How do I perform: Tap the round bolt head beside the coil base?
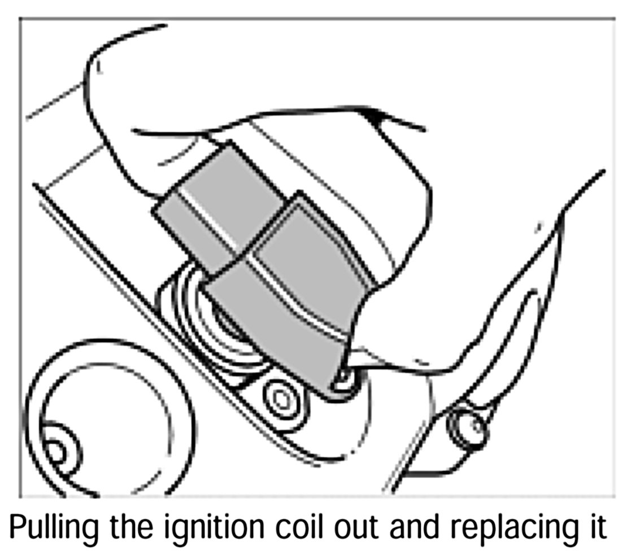point(281,400)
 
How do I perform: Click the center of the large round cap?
point(107,418)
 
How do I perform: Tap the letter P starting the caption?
point(18,527)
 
